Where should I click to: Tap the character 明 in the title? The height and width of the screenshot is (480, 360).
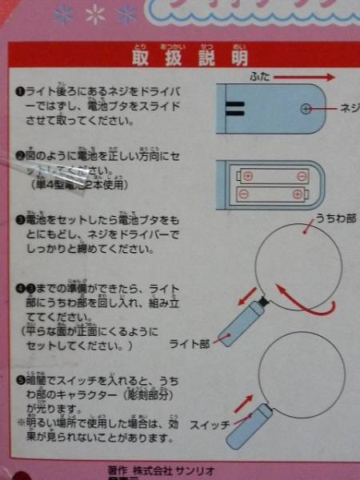click(x=239, y=58)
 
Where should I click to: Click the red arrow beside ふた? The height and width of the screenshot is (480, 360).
click(x=307, y=78)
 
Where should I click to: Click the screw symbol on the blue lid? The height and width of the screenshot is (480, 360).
click(x=306, y=109)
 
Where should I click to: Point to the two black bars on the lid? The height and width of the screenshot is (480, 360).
click(x=234, y=109)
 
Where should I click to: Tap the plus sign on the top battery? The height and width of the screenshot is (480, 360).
click(x=248, y=176)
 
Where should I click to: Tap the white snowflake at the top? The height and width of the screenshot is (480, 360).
click(x=96, y=14)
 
